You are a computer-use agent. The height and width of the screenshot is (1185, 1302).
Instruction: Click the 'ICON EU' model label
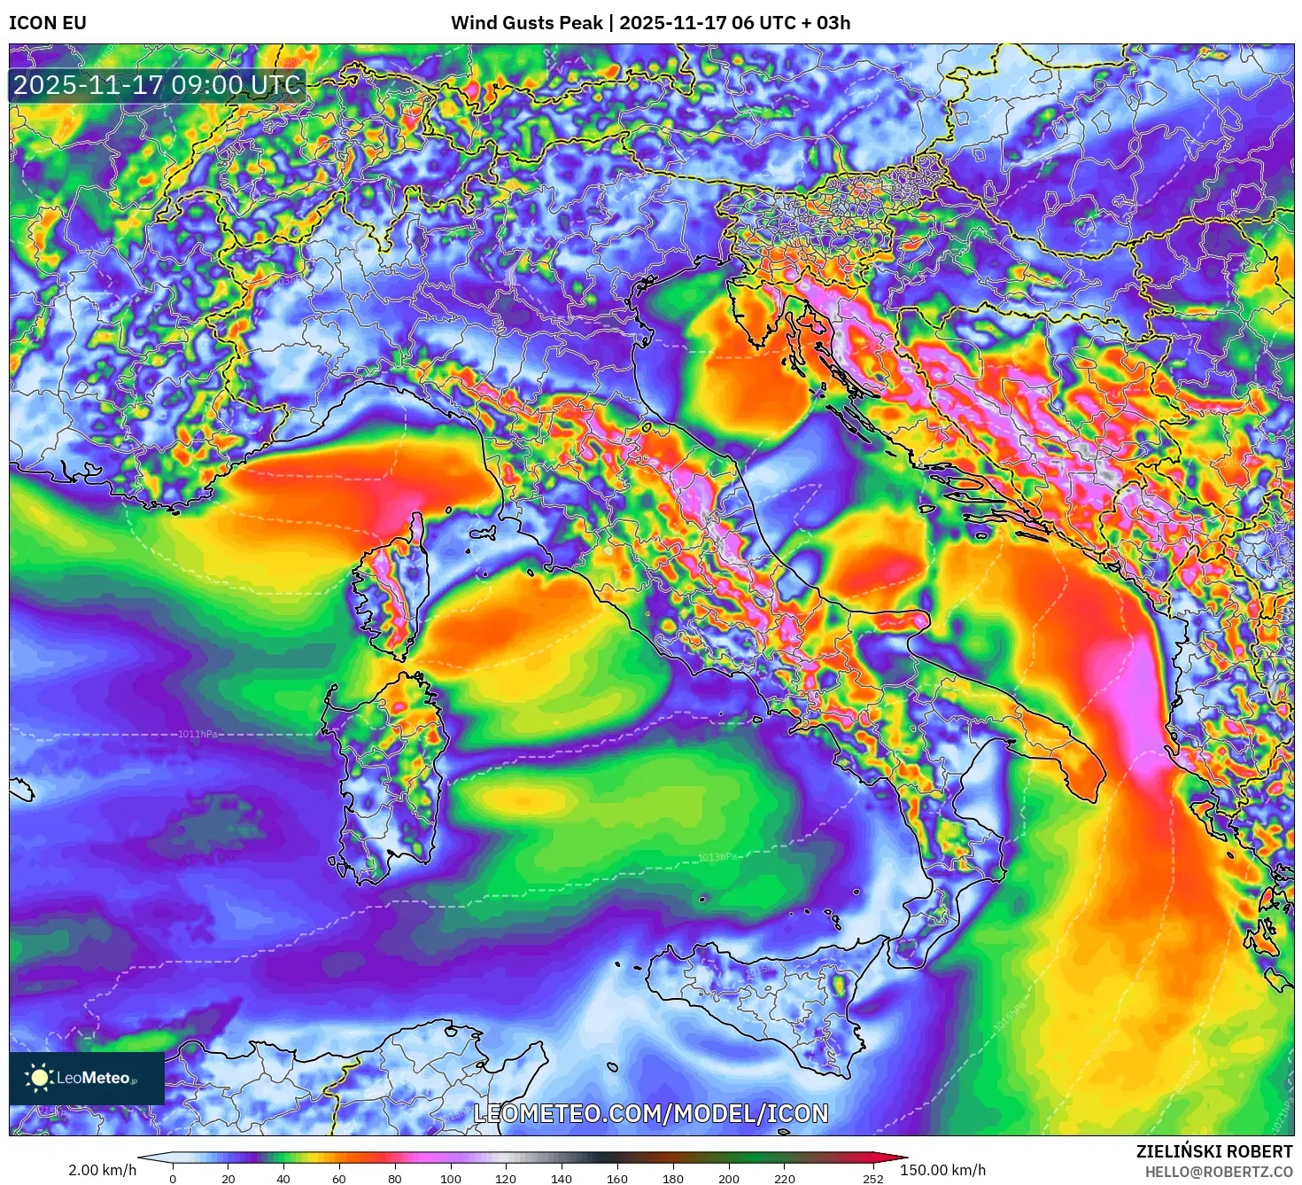pyautogui.click(x=48, y=23)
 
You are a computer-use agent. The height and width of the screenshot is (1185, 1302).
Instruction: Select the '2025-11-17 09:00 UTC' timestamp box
pyautogui.click(x=158, y=86)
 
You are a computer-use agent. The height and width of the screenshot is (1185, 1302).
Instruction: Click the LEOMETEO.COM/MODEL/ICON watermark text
pyautogui.click(x=651, y=1114)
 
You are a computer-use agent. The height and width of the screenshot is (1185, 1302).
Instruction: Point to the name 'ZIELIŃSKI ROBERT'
pyautogui.click(x=1214, y=1151)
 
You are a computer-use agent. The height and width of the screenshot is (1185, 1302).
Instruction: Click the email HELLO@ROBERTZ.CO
pyautogui.click(x=1218, y=1172)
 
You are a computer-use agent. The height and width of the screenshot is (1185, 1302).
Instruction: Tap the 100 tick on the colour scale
pyautogui.click(x=451, y=1179)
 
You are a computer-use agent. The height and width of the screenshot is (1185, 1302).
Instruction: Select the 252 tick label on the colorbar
pyautogui.click(x=873, y=1179)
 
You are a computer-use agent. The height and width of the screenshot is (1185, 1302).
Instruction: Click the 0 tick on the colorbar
pyautogui.click(x=173, y=1179)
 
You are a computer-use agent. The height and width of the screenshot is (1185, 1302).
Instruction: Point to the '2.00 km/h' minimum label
pyautogui.click(x=103, y=1170)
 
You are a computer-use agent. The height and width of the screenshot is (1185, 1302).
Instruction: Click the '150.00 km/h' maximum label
pyautogui.click(x=942, y=1170)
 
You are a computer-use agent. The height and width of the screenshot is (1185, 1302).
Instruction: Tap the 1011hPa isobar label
pyautogui.click(x=198, y=734)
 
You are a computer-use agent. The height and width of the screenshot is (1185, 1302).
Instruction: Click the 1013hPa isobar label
pyautogui.click(x=717, y=857)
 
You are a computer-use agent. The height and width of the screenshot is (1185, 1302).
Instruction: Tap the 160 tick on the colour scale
pyautogui.click(x=617, y=1179)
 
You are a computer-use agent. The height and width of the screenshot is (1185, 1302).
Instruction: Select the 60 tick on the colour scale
pyautogui.click(x=339, y=1179)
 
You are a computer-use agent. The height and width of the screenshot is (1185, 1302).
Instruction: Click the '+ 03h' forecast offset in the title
pyautogui.click(x=824, y=23)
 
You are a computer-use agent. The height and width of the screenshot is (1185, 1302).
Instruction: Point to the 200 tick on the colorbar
pyautogui.click(x=729, y=1179)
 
